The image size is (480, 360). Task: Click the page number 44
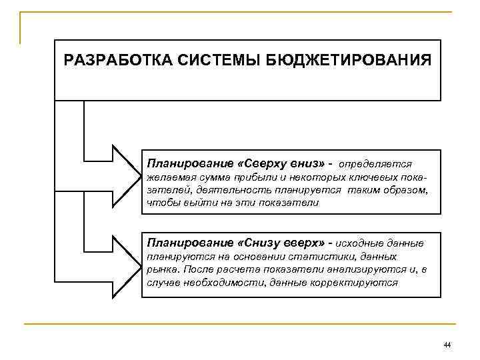[x=447, y=345]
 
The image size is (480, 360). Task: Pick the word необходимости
[x=217, y=282]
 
